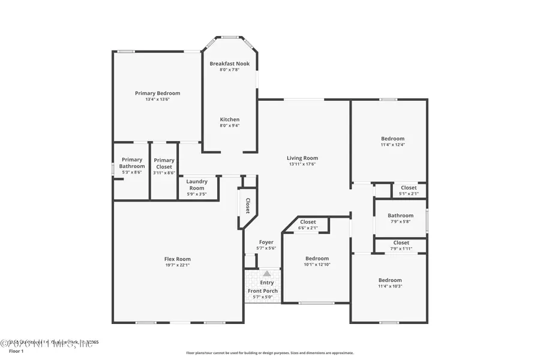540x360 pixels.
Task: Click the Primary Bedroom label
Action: coord(157,94)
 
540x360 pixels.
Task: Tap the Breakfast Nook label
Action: coord(229,64)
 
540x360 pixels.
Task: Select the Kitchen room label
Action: coord(229,119)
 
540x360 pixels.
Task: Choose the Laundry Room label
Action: coord(196,185)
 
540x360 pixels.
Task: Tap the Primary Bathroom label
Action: coord(131,163)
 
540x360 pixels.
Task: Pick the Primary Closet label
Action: coord(164,163)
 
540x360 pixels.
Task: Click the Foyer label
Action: coord(266,242)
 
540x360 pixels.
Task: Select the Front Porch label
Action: coord(263,291)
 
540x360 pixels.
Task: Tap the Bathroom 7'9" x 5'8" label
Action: coord(400,215)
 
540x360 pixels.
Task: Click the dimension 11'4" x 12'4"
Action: coord(392,145)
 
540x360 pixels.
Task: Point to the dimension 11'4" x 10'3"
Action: coord(390,286)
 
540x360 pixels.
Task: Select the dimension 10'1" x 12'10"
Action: coord(317,265)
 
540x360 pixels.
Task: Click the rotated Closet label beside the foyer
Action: coord(247,205)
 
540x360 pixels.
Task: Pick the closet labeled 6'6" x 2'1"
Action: coord(308,224)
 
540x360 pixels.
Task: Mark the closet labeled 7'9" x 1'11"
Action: coord(401,245)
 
